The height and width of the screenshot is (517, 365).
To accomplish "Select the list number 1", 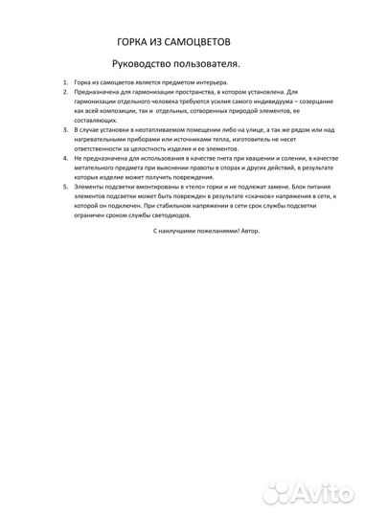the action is pyautogui.click(x=64, y=85).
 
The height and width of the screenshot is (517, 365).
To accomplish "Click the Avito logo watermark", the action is pyautogui.click(x=307, y=494).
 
